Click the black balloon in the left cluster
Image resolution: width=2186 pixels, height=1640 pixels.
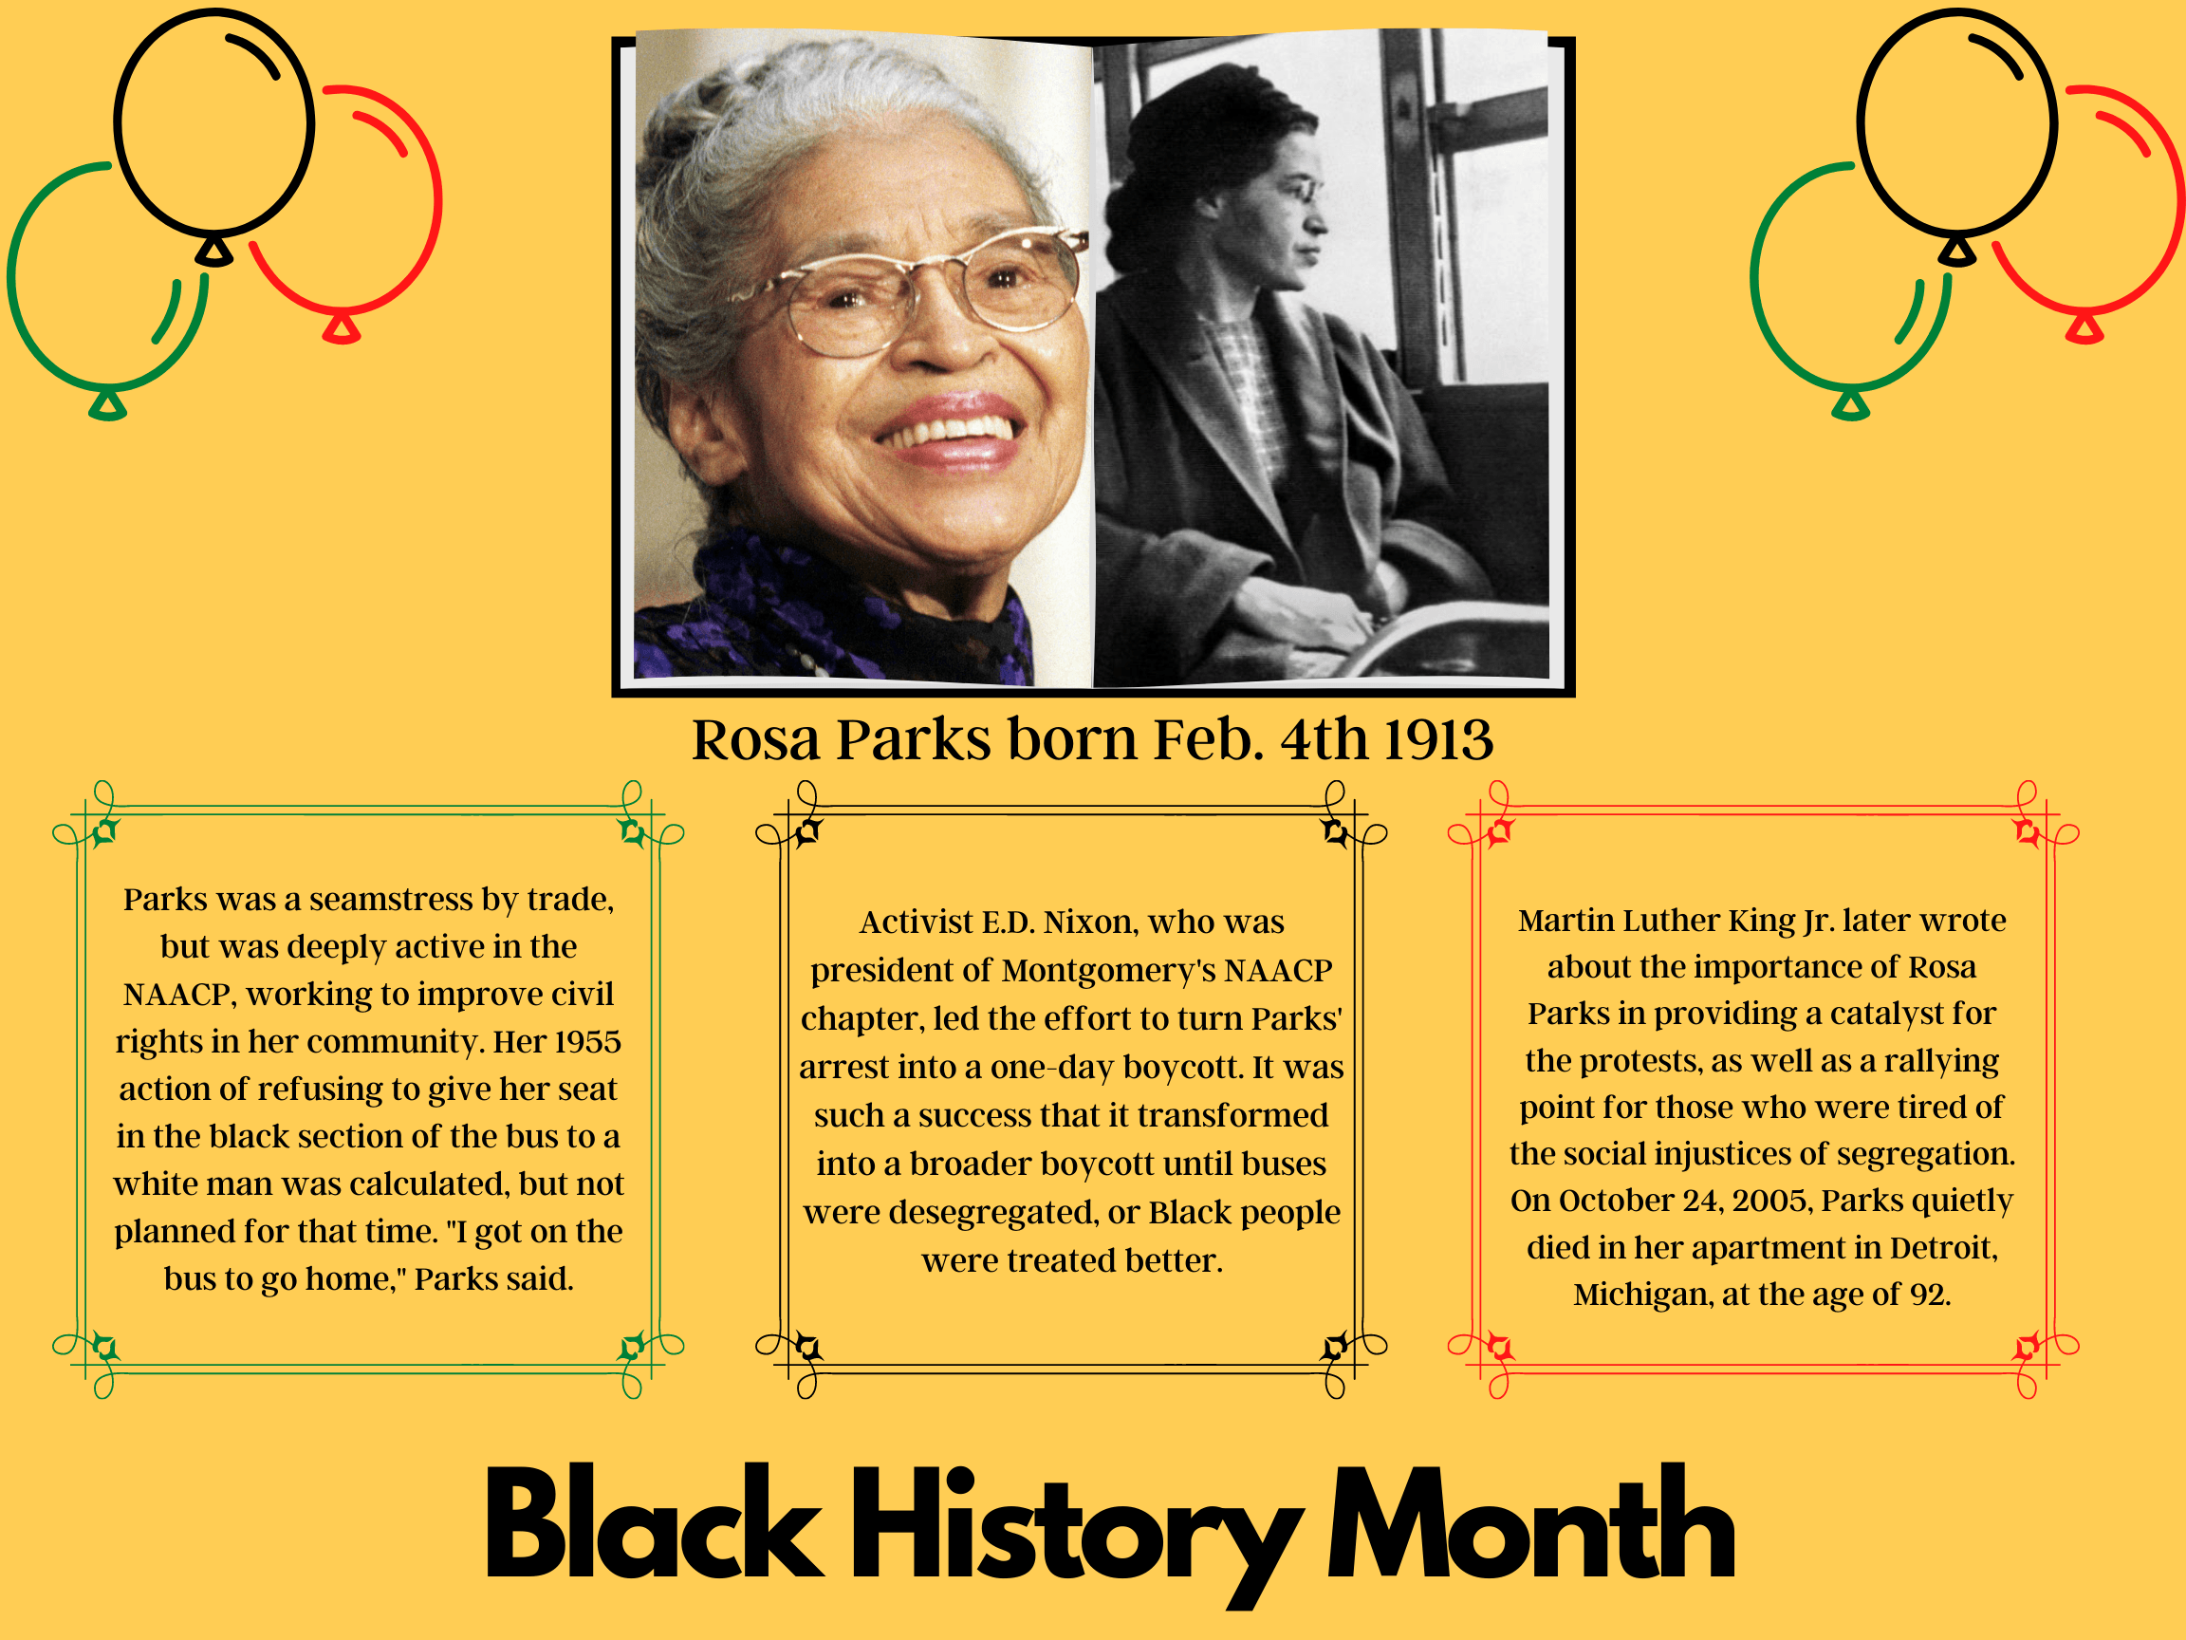214,123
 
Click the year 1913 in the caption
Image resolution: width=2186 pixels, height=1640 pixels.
1438,739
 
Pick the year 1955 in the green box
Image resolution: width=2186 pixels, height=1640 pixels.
587,1042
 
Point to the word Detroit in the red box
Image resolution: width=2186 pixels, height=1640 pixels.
1943,1247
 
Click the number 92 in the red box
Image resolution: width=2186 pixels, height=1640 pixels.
1927,1295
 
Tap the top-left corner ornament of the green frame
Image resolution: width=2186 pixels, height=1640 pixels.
102,831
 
